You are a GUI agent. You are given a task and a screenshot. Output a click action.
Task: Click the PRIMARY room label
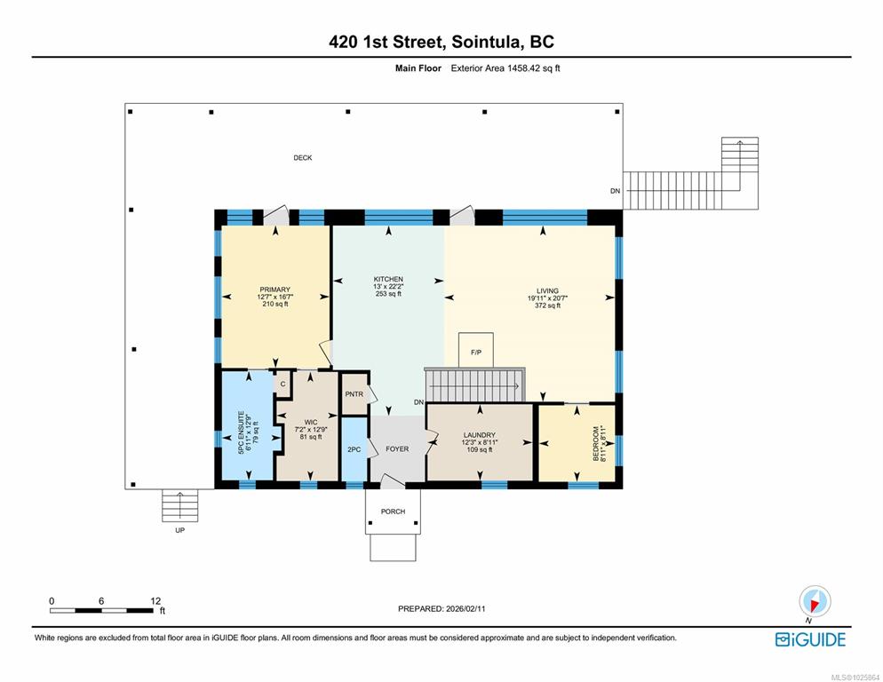(x=274, y=289)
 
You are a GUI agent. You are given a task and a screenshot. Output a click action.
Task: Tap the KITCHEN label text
(x=388, y=279)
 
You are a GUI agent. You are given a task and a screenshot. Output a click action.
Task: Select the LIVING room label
(x=547, y=290)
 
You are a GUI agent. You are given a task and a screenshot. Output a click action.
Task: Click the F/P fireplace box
(x=476, y=350)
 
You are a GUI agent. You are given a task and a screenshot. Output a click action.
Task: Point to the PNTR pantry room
(x=354, y=393)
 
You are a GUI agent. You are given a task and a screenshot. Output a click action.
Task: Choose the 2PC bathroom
(x=354, y=448)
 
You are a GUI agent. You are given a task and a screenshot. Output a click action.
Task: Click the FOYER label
(x=397, y=448)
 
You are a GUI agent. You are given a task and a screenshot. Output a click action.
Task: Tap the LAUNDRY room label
(x=479, y=435)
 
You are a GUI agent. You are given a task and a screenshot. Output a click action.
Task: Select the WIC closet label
(x=311, y=422)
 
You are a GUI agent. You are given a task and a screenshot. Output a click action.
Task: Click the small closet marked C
(x=282, y=385)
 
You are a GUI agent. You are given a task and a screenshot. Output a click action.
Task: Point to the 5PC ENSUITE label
(x=241, y=432)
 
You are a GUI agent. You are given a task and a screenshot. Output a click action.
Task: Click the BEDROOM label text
(x=596, y=443)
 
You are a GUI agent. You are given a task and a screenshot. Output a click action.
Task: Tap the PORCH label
(x=393, y=511)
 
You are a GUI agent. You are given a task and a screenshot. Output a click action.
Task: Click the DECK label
(x=302, y=158)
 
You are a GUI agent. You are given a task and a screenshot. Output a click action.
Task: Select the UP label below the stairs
(x=179, y=530)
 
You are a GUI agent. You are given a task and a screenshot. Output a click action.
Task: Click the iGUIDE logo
(x=810, y=639)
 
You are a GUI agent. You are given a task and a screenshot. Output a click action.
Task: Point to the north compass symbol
(x=815, y=601)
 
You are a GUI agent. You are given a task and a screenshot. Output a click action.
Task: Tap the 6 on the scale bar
(x=101, y=601)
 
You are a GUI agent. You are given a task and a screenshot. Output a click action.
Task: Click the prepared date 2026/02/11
(x=465, y=608)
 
